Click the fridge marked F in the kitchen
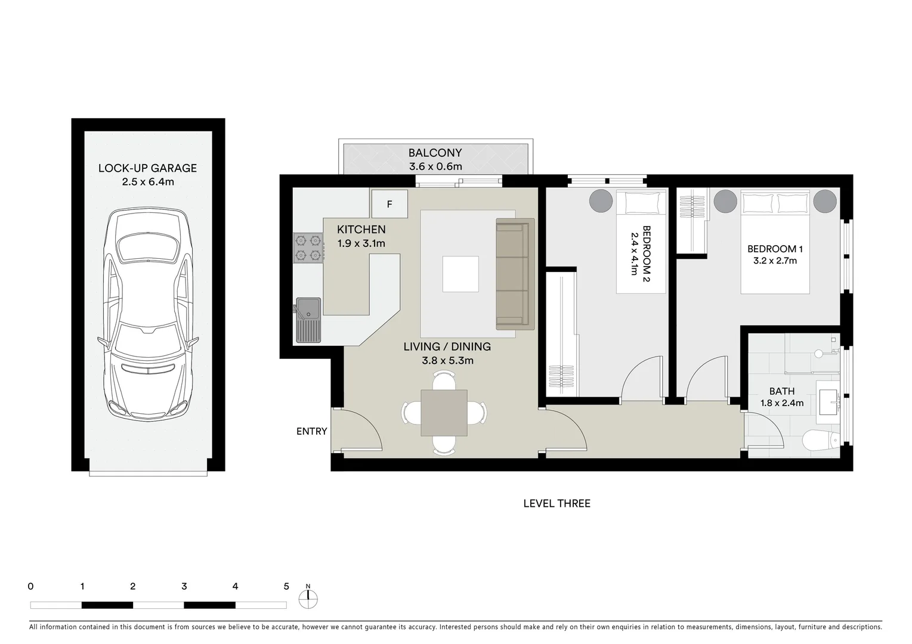(389, 204)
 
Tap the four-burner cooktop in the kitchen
(308, 248)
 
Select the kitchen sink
(308, 320)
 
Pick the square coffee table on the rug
(460, 274)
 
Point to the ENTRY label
(311, 431)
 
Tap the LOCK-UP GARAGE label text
(147, 168)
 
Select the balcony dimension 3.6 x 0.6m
(435, 167)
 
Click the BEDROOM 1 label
(771, 249)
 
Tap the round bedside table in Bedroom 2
(601, 200)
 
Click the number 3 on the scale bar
(184, 586)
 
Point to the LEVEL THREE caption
(557, 503)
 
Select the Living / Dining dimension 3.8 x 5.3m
(447, 360)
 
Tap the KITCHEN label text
(361, 230)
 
